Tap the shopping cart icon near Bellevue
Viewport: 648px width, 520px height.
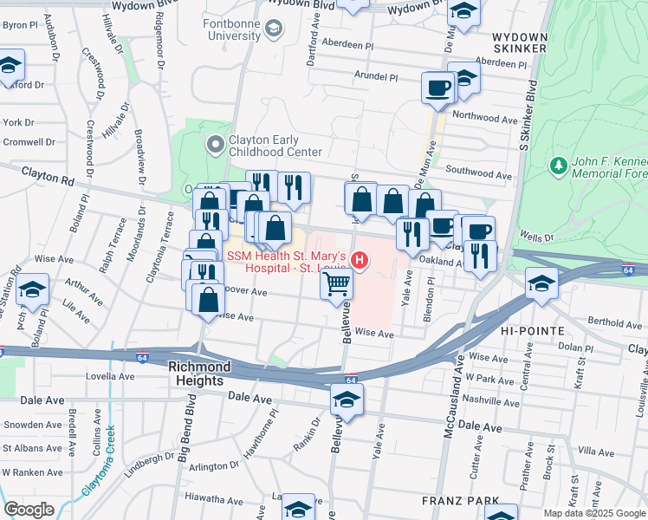click(x=337, y=283)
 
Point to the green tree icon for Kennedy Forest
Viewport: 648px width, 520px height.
click(x=559, y=165)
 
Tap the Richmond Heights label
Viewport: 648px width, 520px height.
click(x=196, y=374)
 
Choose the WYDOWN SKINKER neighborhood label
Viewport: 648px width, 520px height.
click(x=519, y=42)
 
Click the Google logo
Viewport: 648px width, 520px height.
click(x=29, y=509)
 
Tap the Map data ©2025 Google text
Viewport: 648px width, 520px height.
click(x=594, y=513)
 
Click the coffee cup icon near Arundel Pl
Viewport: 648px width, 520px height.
click(x=437, y=88)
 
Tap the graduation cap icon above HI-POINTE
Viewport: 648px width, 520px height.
click(x=541, y=283)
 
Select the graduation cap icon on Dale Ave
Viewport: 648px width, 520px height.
click(x=347, y=400)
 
